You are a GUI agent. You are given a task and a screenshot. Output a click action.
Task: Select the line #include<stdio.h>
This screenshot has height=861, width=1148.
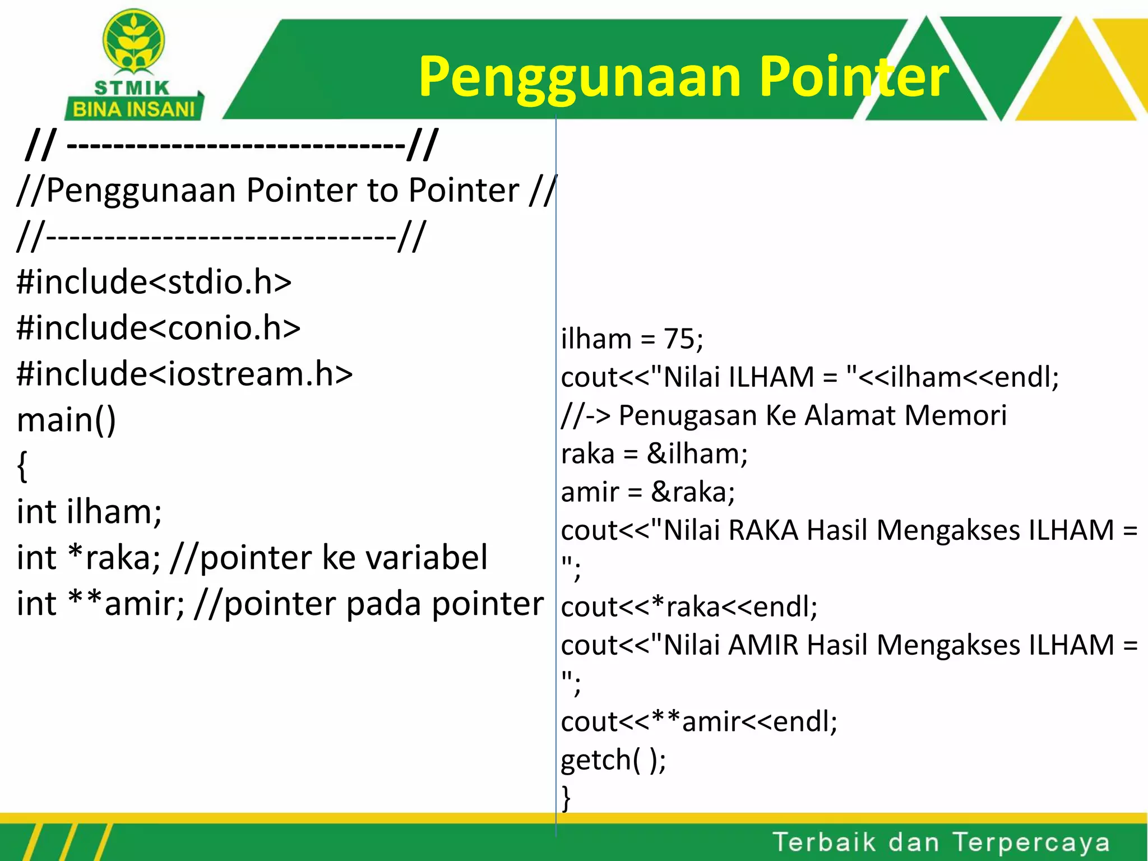point(154,281)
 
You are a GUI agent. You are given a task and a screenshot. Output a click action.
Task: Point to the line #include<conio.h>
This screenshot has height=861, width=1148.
point(159,327)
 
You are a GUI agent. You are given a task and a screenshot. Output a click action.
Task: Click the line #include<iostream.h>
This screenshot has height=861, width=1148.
point(185,373)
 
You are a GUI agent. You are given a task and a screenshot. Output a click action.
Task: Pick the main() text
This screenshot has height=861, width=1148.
point(67,419)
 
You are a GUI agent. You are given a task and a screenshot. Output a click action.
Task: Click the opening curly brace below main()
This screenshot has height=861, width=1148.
point(22,466)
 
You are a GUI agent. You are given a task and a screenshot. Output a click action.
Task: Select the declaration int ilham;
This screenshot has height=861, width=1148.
point(89,511)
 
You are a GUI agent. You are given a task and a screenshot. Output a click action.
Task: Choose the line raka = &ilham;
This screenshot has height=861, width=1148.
point(654,453)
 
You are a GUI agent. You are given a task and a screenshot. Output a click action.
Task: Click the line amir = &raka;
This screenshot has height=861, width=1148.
point(647,492)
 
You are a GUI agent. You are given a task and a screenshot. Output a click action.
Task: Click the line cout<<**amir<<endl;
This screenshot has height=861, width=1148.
point(699,721)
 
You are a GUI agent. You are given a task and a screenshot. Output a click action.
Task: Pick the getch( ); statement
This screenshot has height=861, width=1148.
point(613,760)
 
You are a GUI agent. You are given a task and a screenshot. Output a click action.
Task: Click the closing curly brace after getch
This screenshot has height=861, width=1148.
point(566,797)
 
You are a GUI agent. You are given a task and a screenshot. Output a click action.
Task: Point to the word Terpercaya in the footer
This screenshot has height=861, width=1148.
point(1031,842)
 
